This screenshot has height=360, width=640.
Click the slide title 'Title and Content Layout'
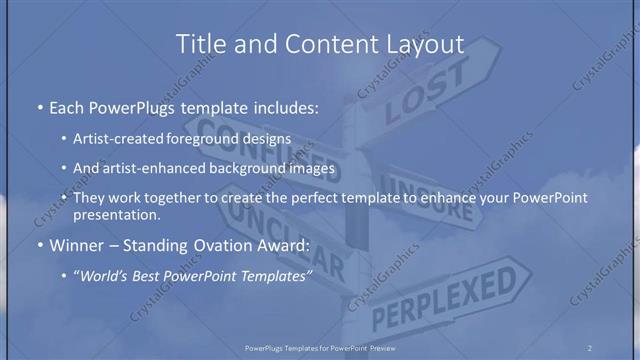click(x=320, y=44)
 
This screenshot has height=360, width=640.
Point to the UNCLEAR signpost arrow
click(x=290, y=244)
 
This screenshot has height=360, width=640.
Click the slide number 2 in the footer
click(x=590, y=347)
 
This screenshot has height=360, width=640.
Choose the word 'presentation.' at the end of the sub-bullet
click(x=117, y=214)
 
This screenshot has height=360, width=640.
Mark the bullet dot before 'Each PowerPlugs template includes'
click(x=38, y=106)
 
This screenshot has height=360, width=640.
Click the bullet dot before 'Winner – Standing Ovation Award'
click(x=38, y=243)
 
